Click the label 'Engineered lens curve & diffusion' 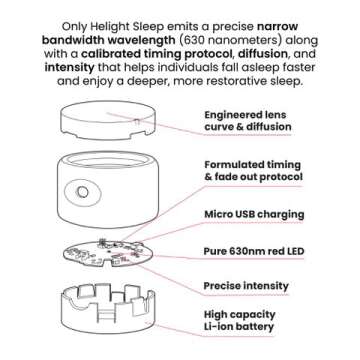(x=248, y=121)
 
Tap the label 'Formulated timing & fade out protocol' (x=253, y=171)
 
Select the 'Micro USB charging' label (x=254, y=214)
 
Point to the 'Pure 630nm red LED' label (x=254, y=251)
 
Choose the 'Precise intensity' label (x=246, y=286)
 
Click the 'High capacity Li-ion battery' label (x=239, y=320)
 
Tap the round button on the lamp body (x=82, y=192)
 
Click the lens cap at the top (x=108, y=120)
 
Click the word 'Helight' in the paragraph (x=106, y=26)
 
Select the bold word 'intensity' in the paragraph (x=69, y=67)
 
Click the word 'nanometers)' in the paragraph (x=242, y=41)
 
